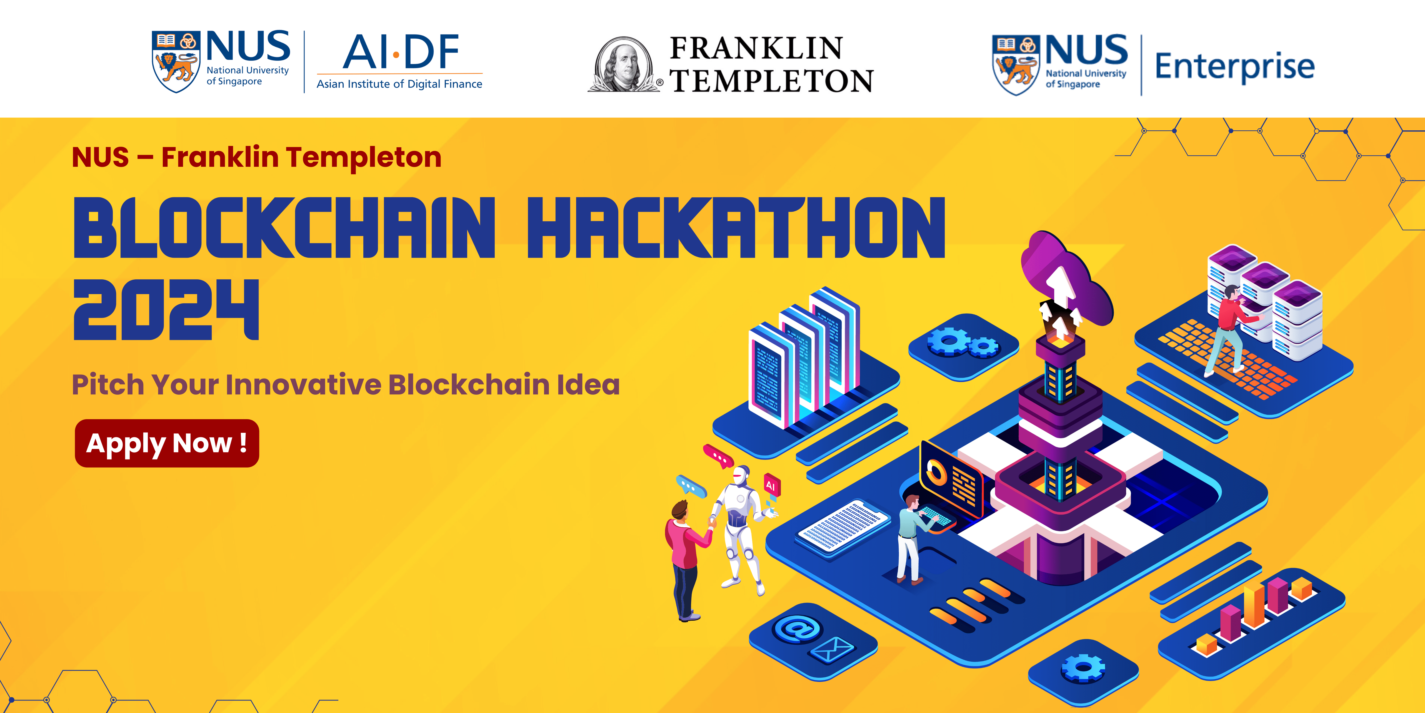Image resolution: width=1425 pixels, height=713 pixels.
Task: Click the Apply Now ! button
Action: pyautogui.click(x=166, y=443)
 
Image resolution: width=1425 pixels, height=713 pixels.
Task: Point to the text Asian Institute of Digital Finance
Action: pyautogui.click(x=399, y=84)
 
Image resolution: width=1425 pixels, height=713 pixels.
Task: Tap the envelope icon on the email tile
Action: pyautogui.click(x=832, y=649)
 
